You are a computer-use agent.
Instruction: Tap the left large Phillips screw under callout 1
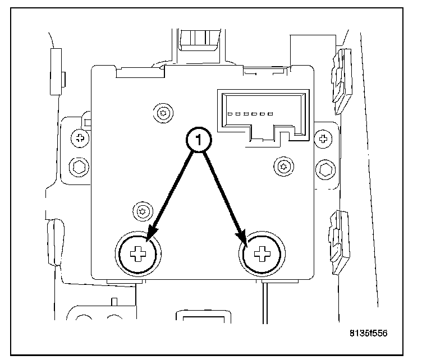point(138,256)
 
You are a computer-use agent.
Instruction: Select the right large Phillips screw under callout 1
point(261,256)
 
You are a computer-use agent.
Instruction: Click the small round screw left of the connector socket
point(163,112)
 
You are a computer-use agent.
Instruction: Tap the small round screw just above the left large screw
point(142,211)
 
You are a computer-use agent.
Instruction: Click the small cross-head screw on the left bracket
point(80,137)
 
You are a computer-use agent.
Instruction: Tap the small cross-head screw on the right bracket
point(323,137)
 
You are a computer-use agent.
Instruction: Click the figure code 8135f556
point(368,333)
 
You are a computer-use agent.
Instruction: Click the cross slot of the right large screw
point(261,256)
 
